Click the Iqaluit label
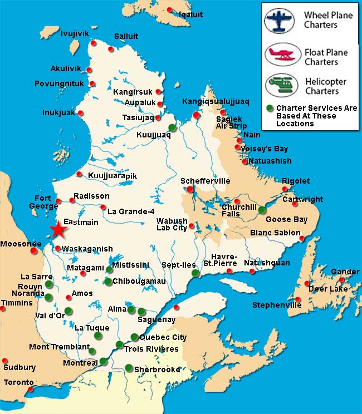pos(190,14)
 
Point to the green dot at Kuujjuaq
pos(172,127)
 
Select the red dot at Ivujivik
pos(94,43)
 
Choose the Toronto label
pos(19,383)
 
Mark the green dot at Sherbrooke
pos(129,368)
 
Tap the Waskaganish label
pos(87,249)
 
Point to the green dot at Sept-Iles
pos(195,273)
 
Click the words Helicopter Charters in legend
pos(326,86)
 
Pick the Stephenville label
pos(276,305)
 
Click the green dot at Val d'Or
pos(68,310)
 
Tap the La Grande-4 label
pos(131,211)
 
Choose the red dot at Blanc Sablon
pos(302,239)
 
